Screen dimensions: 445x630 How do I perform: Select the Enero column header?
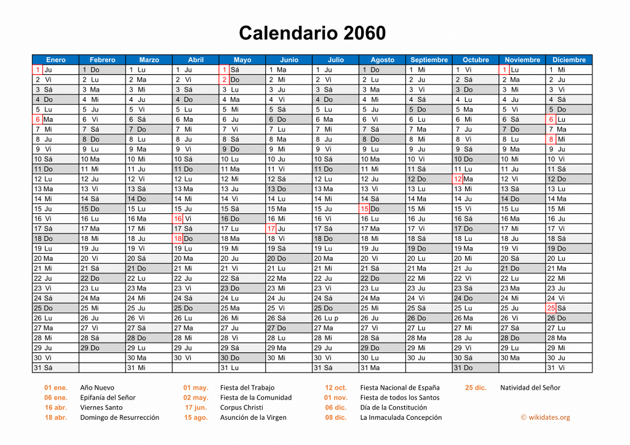coord(55,60)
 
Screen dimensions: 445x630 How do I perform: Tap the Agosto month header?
coord(382,60)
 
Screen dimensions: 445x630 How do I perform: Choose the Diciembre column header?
coord(569,60)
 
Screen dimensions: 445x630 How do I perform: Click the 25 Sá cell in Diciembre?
coord(569,308)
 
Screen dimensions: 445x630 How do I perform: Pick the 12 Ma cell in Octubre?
coord(476,179)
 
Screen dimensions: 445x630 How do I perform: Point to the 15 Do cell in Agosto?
coord(382,209)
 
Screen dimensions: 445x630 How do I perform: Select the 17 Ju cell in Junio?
coord(289,229)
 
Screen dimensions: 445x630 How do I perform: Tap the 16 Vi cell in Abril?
coord(195,219)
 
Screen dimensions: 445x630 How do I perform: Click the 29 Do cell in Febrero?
coord(102,348)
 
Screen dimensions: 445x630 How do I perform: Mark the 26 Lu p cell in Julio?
coord(335,318)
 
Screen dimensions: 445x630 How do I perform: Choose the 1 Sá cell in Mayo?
coord(242,70)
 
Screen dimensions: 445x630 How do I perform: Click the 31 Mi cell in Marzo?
coord(148,368)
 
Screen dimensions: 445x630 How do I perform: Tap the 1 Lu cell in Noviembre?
coord(522,70)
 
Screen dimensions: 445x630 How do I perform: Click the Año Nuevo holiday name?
coord(97,388)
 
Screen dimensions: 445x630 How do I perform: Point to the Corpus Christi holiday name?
coord(241,408)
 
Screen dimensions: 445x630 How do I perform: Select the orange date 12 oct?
coord(336,388)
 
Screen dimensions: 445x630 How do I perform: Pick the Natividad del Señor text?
coord(530,388)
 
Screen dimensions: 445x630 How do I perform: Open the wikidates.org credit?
coord(545,417)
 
